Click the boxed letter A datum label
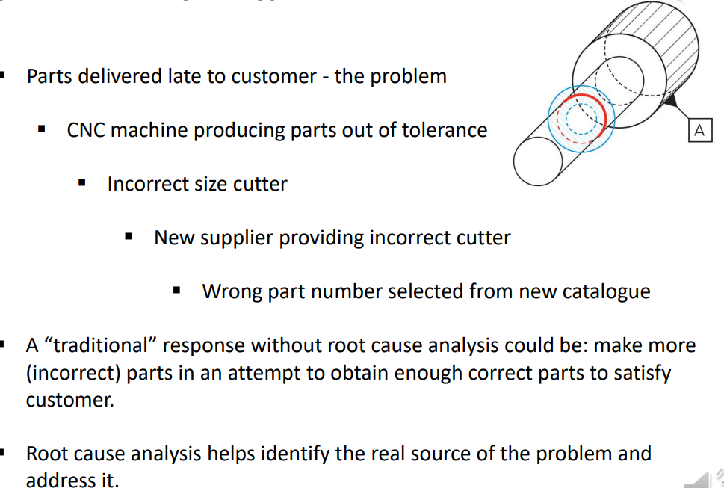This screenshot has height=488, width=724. click(699, 130)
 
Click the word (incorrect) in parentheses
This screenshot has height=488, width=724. click(73, 372)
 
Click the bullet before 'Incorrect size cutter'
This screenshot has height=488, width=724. click(83, 184)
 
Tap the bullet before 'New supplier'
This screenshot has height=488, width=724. click(129, 238)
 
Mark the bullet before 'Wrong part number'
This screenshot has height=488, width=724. click(177, 291)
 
